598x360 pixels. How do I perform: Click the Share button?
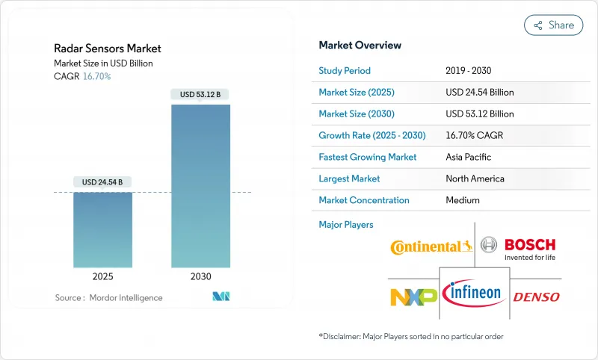click(553, 25)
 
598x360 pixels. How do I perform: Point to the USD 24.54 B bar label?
click(103, 181)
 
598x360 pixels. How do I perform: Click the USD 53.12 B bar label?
click(200, 94)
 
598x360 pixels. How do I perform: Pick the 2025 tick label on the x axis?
click(103, 276)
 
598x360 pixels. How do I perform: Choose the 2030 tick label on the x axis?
click(200, 276)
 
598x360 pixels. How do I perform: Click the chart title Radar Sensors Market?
click(108, 49)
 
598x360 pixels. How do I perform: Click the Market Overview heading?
click(360, 46)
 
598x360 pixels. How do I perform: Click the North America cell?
click(475, 179)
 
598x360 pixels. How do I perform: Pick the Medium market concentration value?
click(462, 200)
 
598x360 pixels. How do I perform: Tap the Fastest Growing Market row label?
click(368, 157)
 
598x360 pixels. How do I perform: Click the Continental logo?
click(431, 246)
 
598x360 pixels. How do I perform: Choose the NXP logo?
click(413, 296)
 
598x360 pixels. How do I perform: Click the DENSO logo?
click(536, 297)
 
